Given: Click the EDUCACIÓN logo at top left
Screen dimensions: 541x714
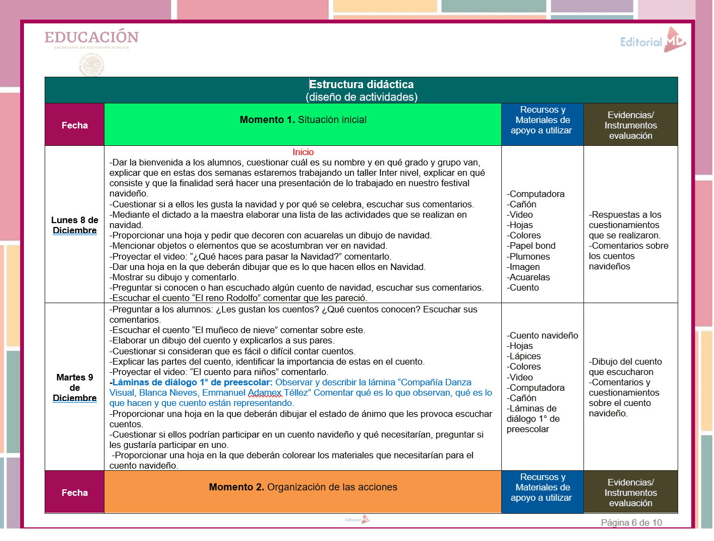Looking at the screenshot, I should pyautogui.click(x=91, y=38).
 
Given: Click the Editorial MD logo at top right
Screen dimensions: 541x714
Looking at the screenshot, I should pyautogui.click(x=653, y=40).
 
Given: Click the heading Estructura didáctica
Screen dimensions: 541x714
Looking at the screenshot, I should pyautogui.click(x=361, y=84).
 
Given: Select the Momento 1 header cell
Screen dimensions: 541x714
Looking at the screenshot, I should pyautogui.click(x=303, y=120).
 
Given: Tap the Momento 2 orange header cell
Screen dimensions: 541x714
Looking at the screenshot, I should pyautogui.click(x=303, y=488).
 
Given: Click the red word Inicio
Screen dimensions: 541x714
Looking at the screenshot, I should pyautogui.click(x=303, y=152).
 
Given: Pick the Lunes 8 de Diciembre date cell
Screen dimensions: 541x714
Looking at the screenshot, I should pyautogui.click(x=75, y=225).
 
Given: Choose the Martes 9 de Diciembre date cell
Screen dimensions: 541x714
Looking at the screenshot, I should pyautogui.click(x=75, y=388).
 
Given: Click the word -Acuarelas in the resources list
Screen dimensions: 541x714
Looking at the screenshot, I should pyautogui.click(x=528, y=278).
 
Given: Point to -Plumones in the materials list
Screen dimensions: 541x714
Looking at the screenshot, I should pyautogui.click(x=528, y=257).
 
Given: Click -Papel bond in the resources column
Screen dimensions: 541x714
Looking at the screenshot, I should pyautogui.click(x=531, y=246).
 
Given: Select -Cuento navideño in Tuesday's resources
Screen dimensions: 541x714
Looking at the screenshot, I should pyautogui.click(x=543, y=336).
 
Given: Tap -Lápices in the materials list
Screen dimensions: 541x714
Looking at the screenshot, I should pyautogui.click(x=524, y=356).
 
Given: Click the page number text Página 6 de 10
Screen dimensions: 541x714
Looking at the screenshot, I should pyautogui.click(x=631, y=523).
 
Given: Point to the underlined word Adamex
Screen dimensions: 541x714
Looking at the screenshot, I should pyautogui.click(x=265, y=393).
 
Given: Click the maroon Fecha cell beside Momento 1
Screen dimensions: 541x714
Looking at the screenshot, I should pyautogui.click(x=75, y=126).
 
